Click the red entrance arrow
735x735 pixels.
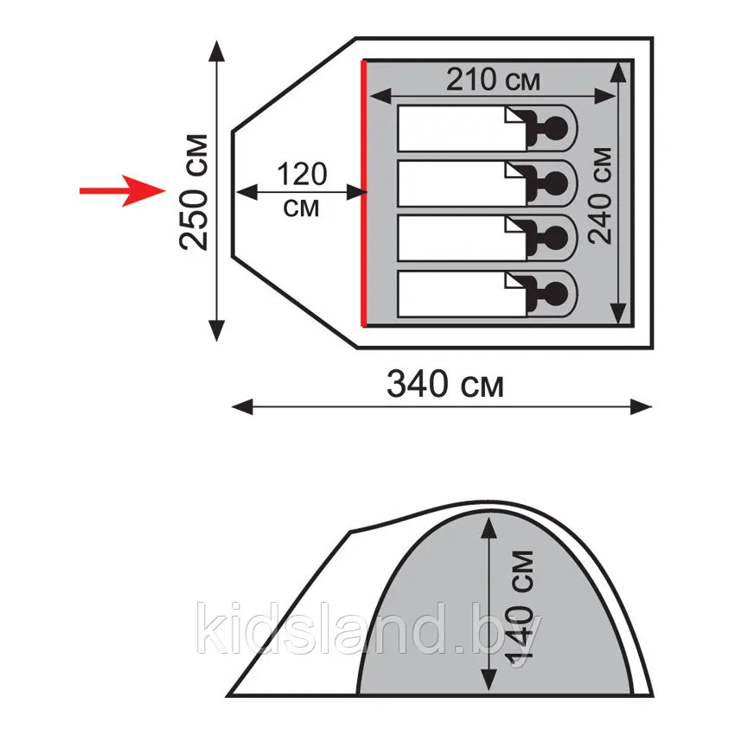(x=123, y=191)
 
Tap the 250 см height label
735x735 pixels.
(x=193, y=192)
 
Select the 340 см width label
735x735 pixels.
(x=444, y=384)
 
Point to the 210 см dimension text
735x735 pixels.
(x=493, y=80)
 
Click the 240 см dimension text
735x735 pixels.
(x=600, y=195)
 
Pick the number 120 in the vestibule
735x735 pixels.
(x=302, y=175)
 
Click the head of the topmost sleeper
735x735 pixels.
(x=556, y=128)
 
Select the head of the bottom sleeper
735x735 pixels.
(x=556, y=294)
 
